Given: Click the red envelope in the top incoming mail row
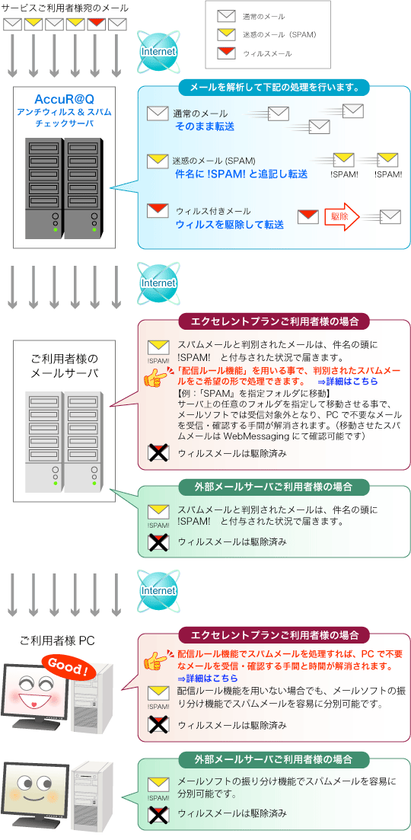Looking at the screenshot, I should (x=96, y=23).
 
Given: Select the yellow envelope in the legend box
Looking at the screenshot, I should (x=225, y=34).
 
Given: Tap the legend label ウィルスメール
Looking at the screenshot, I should (x=267, y=54).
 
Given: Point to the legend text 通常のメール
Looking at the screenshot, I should (x=263, y=16).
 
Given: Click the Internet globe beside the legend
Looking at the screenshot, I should (x=158, y=51).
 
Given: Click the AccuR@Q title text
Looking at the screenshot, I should (x=65, y=100).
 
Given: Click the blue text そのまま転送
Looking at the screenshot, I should (x=204, y=126).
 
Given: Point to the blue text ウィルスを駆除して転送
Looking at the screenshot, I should (x=229, y=225).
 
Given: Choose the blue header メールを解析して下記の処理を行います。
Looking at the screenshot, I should (x=274, y=86).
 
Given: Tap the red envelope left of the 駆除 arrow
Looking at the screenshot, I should (x=308, y=216).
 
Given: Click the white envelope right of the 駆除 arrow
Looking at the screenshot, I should (x=390, y=216).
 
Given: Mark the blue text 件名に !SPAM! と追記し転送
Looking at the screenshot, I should (x=241, y=174).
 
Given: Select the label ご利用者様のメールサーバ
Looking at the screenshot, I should (x=65, y=366).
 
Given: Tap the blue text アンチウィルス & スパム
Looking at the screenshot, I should (x=65, y=112).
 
